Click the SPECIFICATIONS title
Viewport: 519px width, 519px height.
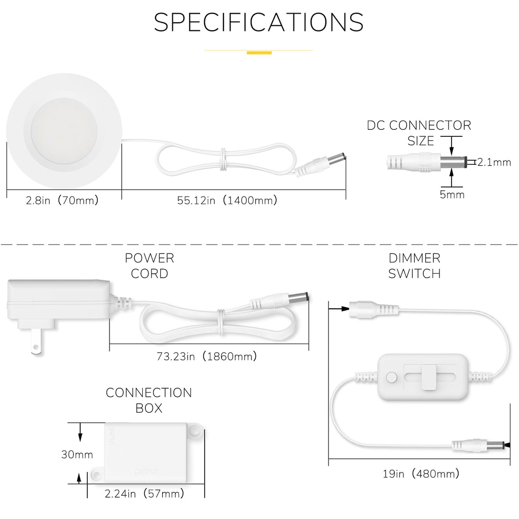click(x=258, y=22)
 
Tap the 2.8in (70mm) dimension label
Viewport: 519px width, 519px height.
click(x=62, y=200)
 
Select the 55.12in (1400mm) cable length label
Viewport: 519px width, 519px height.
click(x=227, y=200)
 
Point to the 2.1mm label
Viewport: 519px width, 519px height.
click(x=494, y=162)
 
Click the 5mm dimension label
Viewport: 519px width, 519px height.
click(x=452, y=194)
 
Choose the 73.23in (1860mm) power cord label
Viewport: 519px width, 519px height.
click(x=207, y=356)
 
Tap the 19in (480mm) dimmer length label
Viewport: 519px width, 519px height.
click(x=421, y=474)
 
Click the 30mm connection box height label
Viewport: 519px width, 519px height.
click(x=77, y=455)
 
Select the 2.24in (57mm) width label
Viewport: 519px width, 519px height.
click(x=144, y=494)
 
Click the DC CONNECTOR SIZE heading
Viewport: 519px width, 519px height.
click(x=419, y=133)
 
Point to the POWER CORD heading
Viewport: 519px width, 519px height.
click(x=150, y=266)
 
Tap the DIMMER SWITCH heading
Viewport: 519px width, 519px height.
click(x=415, y=266)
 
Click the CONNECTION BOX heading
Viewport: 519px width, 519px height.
click(x=149, y=400)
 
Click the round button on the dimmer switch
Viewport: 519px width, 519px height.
click(x=392, y=377)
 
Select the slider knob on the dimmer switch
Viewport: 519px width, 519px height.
click(x=428, y=377)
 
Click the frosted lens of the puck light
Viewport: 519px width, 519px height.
click(x=64, y=131)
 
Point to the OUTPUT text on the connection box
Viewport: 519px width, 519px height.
click(x=146, y=471)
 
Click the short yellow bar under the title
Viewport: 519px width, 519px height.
click(x=259, y=53)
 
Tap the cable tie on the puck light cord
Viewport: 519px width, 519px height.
click(x=224, y=159)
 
